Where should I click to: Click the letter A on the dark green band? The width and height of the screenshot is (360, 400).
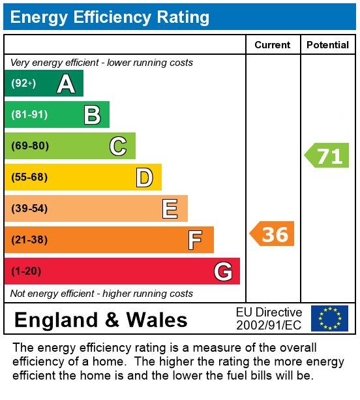66,84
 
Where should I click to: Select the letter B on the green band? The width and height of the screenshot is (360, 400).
92,115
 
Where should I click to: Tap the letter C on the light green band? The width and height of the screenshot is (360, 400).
118,146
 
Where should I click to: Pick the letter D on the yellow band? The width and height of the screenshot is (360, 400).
144,177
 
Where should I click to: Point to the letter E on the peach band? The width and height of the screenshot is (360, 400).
170,209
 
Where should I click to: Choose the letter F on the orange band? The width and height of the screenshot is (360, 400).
195,240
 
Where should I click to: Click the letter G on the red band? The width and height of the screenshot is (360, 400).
223,271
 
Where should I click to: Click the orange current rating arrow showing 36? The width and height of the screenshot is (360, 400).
273,234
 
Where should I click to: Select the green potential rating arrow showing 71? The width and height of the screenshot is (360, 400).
327,156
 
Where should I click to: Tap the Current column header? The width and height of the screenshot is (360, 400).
272,45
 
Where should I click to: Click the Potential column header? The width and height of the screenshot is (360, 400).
327,45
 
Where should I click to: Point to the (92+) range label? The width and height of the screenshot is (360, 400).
23,84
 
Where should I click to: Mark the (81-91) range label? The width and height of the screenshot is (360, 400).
29,115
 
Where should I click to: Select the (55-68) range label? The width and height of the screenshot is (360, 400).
29,177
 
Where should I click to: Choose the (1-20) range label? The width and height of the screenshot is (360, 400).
26,271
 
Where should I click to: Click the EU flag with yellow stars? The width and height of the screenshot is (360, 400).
329,318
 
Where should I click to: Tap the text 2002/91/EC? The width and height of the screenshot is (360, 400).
269,325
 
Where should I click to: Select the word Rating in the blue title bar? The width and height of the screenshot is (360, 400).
182,17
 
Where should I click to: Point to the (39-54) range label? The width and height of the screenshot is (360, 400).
29,209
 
